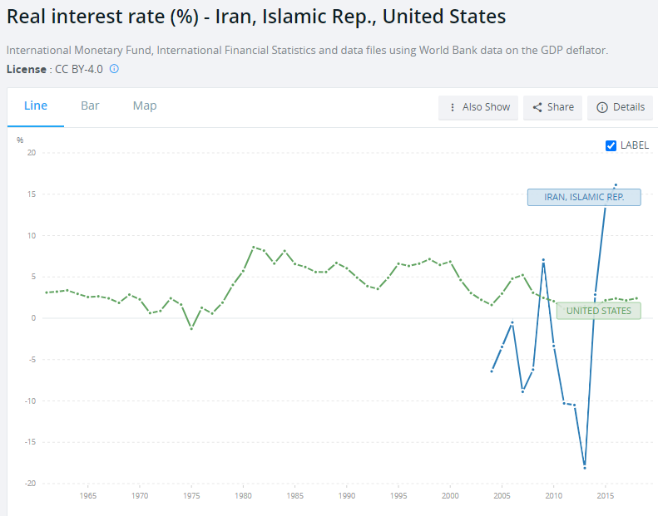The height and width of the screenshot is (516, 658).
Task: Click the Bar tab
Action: [x=90, y=106]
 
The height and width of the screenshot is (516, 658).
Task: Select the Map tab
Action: [x=145, y=106]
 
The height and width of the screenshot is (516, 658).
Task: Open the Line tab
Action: [x=36, y=106]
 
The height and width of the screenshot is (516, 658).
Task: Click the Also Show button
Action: [x=478, y=107]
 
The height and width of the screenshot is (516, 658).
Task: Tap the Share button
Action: [x=553, y=107]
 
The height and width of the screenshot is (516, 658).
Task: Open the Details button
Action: [x=621, y=107]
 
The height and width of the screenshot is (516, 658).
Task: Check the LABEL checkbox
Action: [x=611, y=145]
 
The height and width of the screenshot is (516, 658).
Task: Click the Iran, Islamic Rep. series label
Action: [x=585, y=197]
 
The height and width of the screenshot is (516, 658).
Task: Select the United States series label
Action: [x=598, y=311]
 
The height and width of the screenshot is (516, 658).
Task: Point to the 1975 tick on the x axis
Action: [x=191, y=496]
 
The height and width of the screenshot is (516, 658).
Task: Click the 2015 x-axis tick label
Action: [x=606, y=496]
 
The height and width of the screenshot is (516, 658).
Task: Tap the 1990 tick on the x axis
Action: [x=347, y=496]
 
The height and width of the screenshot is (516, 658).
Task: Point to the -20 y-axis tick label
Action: [x=30, y=484]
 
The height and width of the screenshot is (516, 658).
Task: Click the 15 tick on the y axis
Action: [x=32, y=194]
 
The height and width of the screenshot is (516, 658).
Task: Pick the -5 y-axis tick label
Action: [x=32, y=360]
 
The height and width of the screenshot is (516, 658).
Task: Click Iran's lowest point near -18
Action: [x=585, y=467]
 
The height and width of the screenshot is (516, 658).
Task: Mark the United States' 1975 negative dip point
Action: [x=191, y=329]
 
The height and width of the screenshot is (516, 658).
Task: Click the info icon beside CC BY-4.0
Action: [x=114, y=69]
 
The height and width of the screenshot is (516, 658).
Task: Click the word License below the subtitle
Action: [x=25, y=69]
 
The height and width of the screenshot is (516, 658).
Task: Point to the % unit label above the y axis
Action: [x=20, y=140]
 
